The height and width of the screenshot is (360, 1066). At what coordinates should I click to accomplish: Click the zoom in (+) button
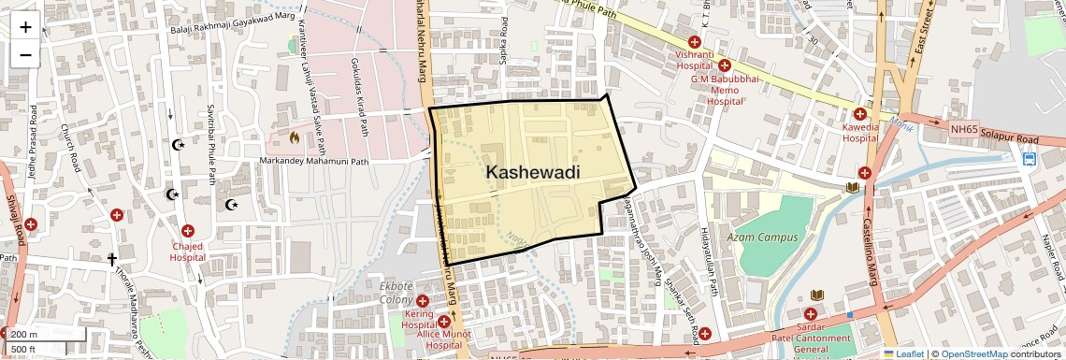click(25, 26)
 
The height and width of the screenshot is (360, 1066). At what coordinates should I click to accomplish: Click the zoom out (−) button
click(25, 54)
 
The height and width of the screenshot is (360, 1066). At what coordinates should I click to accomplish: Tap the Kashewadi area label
click(533, 172)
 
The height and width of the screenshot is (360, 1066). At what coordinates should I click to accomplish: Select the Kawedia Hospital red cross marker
click(859, 113)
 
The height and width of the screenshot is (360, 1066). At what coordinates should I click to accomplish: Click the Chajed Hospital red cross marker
click(188, 231)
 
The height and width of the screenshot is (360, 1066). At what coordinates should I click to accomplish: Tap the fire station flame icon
click(295, 138)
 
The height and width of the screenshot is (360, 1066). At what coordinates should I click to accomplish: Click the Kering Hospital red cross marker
click(423, 301)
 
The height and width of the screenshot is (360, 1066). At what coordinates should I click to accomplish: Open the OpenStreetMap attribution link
click(974, 353)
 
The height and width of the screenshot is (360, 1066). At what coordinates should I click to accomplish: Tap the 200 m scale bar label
click(24, 334)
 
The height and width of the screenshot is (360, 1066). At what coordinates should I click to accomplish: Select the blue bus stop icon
click(1029, 159)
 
